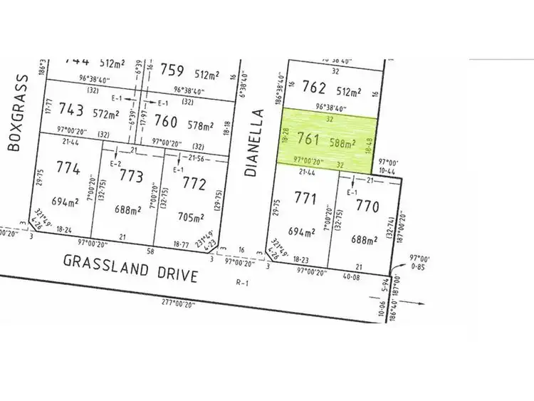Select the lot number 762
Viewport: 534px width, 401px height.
coord(314,88)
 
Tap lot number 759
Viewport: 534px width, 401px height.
coord(173,71)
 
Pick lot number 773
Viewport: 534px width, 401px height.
coord(132,175)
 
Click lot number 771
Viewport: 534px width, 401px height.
coord(305,199)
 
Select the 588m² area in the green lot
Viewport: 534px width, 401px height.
coord(342,142)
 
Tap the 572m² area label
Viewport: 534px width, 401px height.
coord(106,114)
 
